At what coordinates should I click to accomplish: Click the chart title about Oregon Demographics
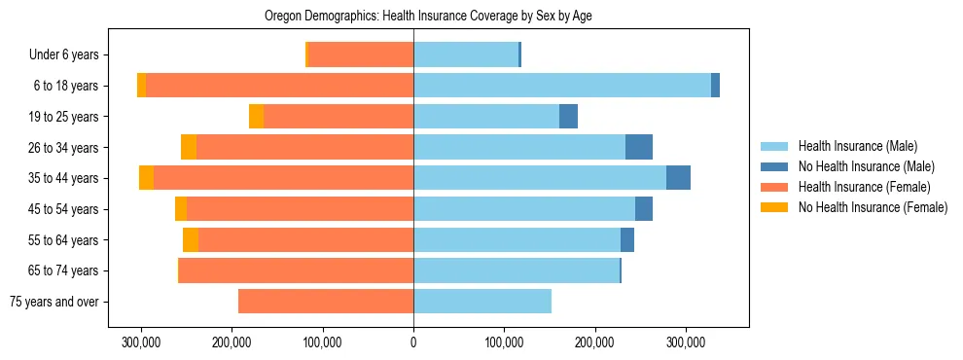click(429, 17)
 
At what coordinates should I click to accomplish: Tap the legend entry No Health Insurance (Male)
click(866, 166)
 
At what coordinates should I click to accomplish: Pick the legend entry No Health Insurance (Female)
click(873, 207)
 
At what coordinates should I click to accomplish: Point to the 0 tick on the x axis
click(413, 342)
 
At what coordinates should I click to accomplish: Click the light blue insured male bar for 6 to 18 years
click(562, 86)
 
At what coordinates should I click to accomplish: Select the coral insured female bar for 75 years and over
click(326, 302)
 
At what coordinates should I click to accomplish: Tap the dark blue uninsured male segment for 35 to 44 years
click(678, 178)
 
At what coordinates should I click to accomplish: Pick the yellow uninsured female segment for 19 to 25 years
click(256, 117)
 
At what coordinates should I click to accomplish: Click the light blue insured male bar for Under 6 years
click(466, 55)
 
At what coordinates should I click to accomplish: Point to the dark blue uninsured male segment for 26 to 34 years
click(639, 147)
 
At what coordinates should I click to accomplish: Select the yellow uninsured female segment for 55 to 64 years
click(191, 240)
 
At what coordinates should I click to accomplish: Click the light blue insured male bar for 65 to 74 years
click(517, 270)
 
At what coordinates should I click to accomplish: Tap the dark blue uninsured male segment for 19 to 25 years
click(568, 117)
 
